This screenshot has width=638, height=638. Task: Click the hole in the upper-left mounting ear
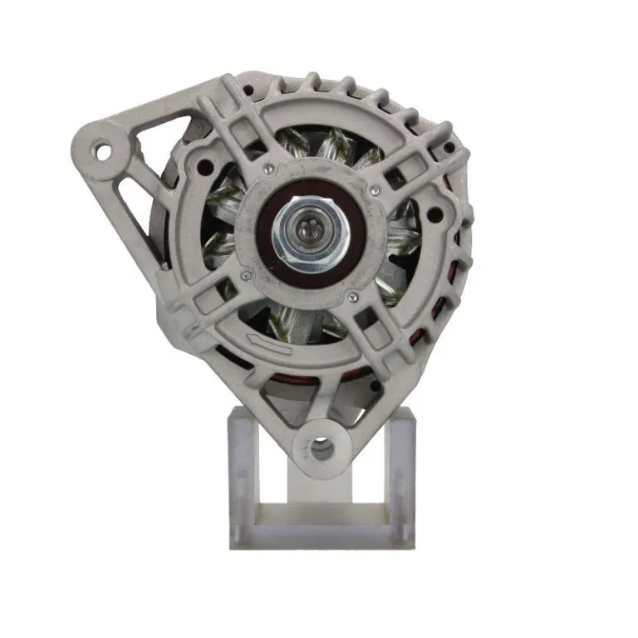pyautogui.click(x=104, y=152)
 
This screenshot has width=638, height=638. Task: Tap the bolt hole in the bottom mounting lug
pyautogui.click(x=321, y=449)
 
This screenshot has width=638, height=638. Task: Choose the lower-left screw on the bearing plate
pyautogui.click(x=244, y=277)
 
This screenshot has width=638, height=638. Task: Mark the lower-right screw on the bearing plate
pyautogui.click(x=353, y=297)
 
